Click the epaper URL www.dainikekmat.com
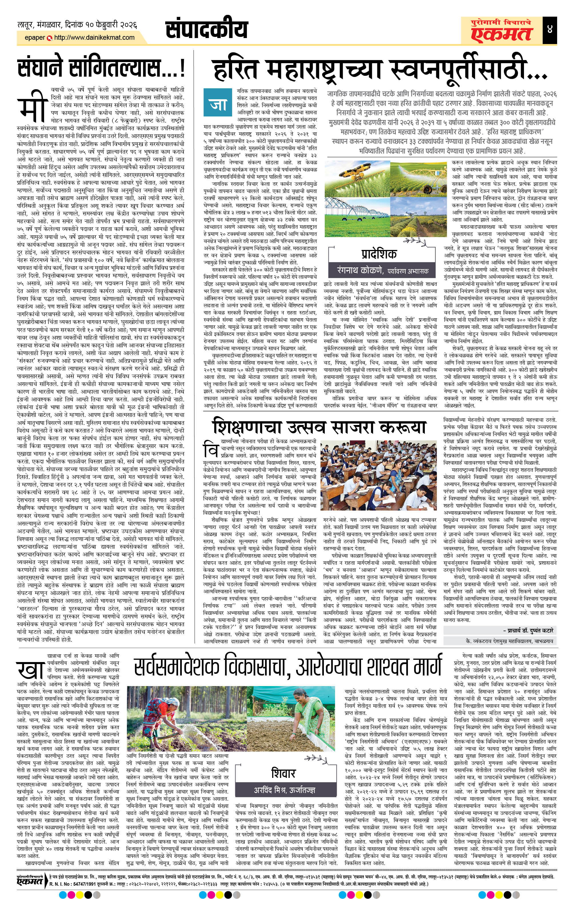[x=94, y=37]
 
